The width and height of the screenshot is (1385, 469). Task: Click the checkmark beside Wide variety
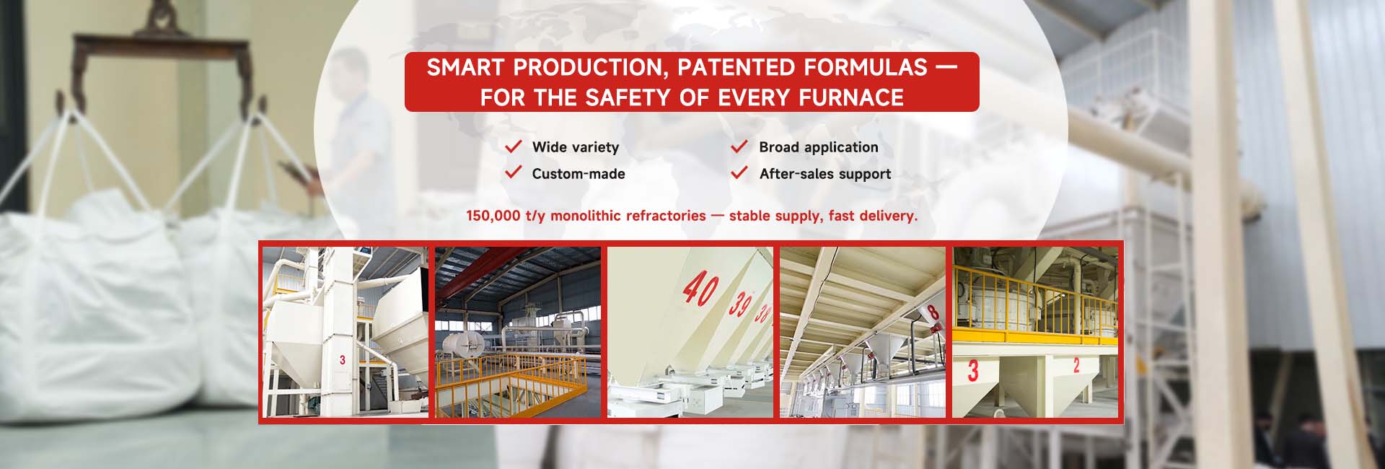tap(514, 146)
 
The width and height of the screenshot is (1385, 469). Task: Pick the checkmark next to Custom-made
tap(514, 172)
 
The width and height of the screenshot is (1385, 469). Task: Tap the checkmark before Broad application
tap(739, 146)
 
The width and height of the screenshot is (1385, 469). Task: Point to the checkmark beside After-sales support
tap(739, 172)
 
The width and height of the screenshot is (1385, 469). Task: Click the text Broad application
tap(819, 147)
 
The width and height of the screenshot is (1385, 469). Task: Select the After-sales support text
tap(825, 174)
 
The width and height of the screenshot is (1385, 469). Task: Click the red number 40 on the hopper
tap(700, 289)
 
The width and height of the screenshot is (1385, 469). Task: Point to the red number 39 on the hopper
tap(741, 303)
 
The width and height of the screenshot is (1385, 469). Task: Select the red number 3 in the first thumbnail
tap(343, 359)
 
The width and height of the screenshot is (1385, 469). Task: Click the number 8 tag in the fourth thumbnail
tap(933, 312)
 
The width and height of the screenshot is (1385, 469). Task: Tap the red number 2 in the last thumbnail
tap(1076, 365)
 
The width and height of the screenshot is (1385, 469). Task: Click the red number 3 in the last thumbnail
tap(973, 371)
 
